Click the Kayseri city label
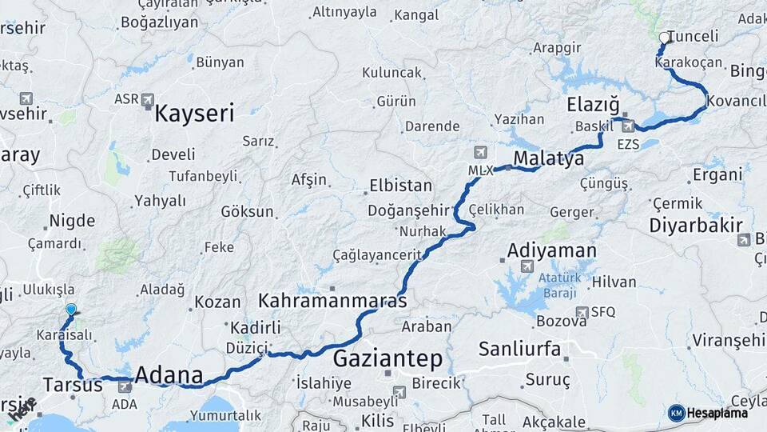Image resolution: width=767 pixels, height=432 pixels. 194,113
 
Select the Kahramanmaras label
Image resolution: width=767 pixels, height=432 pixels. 332,301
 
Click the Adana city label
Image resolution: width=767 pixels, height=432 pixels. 169,374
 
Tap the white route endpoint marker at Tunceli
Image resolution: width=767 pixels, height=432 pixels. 664,38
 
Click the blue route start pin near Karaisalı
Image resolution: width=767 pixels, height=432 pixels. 71,310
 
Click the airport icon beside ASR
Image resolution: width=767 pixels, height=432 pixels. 148,100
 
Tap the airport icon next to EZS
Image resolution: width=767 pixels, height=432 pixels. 630,126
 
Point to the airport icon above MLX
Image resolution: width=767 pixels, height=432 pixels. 479,151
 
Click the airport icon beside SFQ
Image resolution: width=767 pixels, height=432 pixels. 582,312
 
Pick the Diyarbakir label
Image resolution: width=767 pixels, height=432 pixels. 696,225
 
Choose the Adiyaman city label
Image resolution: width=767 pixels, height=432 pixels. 552,251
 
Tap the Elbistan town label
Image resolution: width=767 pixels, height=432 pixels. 400,186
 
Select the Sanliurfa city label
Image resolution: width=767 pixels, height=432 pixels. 519,349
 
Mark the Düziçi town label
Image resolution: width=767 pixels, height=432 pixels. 246,348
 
